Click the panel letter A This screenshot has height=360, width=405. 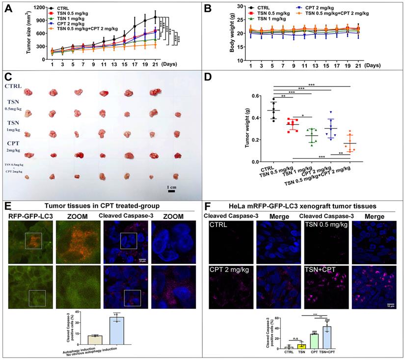tap(8, 8)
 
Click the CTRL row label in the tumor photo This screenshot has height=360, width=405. tap(14, 86)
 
